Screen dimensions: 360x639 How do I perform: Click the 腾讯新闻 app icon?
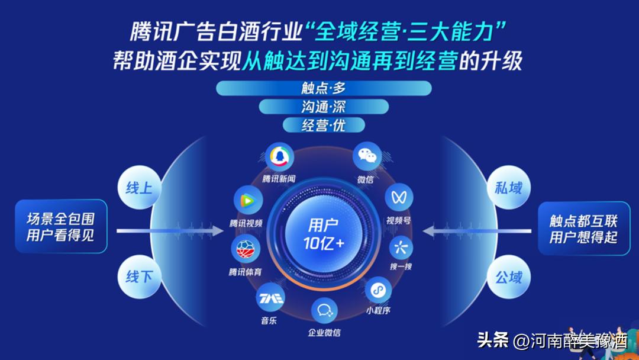click(278, 157)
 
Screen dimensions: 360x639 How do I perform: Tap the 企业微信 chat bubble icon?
click(324, 310)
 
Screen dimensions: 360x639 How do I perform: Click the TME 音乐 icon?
click(269, 297)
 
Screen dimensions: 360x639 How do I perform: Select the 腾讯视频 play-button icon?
click(247, 200)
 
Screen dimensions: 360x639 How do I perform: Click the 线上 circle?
click(139, 188)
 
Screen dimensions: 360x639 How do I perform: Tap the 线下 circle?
click(139, 276)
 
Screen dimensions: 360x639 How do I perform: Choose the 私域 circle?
click(508, 188)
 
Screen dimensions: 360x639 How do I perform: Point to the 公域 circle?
click(508, 276)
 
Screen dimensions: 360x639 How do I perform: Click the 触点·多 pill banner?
click(323, 88)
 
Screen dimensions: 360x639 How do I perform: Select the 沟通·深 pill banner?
click(323, 107)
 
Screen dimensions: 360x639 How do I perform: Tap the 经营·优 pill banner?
click(323, 125)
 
